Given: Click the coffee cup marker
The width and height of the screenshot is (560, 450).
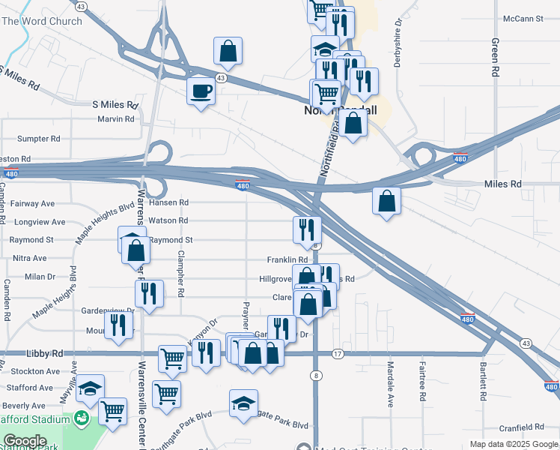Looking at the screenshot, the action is click(x=201, y=92).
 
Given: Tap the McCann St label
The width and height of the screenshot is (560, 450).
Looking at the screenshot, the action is click(x=523, y=18).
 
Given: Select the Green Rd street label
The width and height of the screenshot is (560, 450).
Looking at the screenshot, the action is click(x=495, y=58).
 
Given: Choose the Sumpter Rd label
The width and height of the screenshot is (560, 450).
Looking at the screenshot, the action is click(x=38, y=139).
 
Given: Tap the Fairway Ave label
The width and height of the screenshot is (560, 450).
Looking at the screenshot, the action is click(x=34, y=203).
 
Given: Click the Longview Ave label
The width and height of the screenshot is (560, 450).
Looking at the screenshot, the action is click(x=40, y=222).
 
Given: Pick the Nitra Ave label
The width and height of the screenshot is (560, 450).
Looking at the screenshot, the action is click(x=30, y=258).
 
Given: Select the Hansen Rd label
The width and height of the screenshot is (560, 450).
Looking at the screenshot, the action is click(x=168, y=202).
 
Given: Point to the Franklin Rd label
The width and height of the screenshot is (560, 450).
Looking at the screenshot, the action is click(x=287, y=259).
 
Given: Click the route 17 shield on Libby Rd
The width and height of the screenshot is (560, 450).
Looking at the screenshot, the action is click(x=338, y=353).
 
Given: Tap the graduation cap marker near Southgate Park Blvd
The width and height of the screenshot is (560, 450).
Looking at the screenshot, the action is click(x=243, y=403).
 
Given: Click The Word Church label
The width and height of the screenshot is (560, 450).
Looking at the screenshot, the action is click(x=42, y=21).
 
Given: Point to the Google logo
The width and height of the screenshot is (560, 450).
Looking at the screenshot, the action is click(x=25, y=441).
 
